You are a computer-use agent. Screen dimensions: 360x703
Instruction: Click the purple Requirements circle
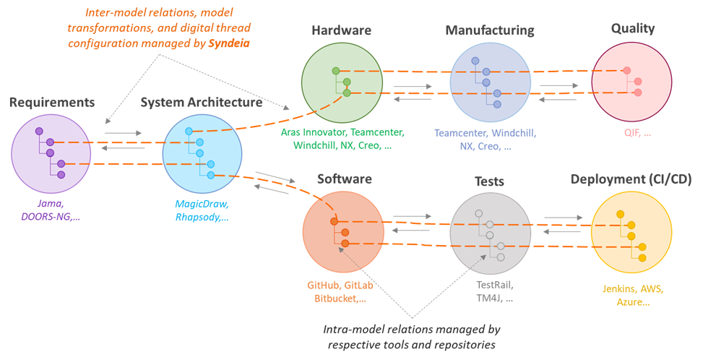51,153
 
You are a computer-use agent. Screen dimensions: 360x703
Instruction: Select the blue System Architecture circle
202,153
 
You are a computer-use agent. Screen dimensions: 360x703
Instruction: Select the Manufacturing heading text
489,30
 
